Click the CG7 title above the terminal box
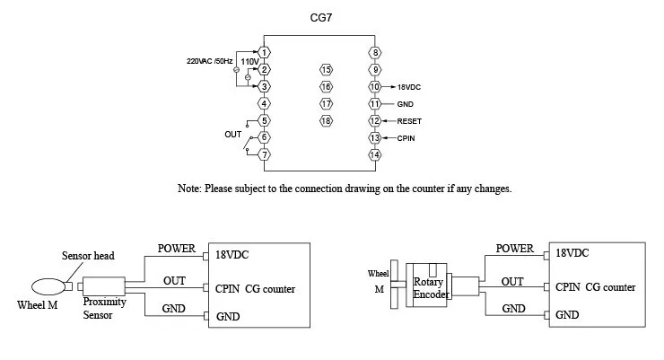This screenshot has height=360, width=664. pyautogui.click(x=321, y=18)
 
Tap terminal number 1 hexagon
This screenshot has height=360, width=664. pyautogui.click(x=264, y=52)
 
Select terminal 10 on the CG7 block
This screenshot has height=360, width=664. pyautogui.click(x=375, y=87)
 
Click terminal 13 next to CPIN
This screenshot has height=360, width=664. pyautogui.click(x=375, y=137)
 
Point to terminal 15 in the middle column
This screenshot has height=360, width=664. pyautogui.click(x=326, y=70)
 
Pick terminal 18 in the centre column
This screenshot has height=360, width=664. pyautogui.click(x=326, y=120)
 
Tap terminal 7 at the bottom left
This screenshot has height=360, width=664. pyautogui.click(x=264, y=154)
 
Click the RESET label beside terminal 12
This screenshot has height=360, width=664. pyautogui.click(x=409, y=121)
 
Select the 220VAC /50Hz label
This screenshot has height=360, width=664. pyautogui.click(x=210, y=61)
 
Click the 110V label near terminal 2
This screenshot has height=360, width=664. pyautogui.click(x=249, y=61)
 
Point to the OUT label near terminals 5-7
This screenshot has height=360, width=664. pyautogui.click(x=233, y=135)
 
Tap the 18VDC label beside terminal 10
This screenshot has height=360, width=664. pyautogui.click(x=409, y=87)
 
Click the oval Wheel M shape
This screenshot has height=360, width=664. pyautogui.click(x=48, y=286)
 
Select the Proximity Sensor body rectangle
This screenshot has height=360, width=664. pyautogui.click(x=104, y=286)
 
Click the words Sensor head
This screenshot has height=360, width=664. pyautogui.click(x=88, y=256)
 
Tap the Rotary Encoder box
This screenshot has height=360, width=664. pyautogui.click(x=426, y=285)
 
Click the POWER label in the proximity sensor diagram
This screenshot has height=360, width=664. pyautogui.click(x=177, y=249)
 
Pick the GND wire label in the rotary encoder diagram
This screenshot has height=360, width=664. pyautogui.click(x=513, y=309)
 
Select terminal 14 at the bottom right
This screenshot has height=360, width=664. pyautogui.click(x=375, y=154)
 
